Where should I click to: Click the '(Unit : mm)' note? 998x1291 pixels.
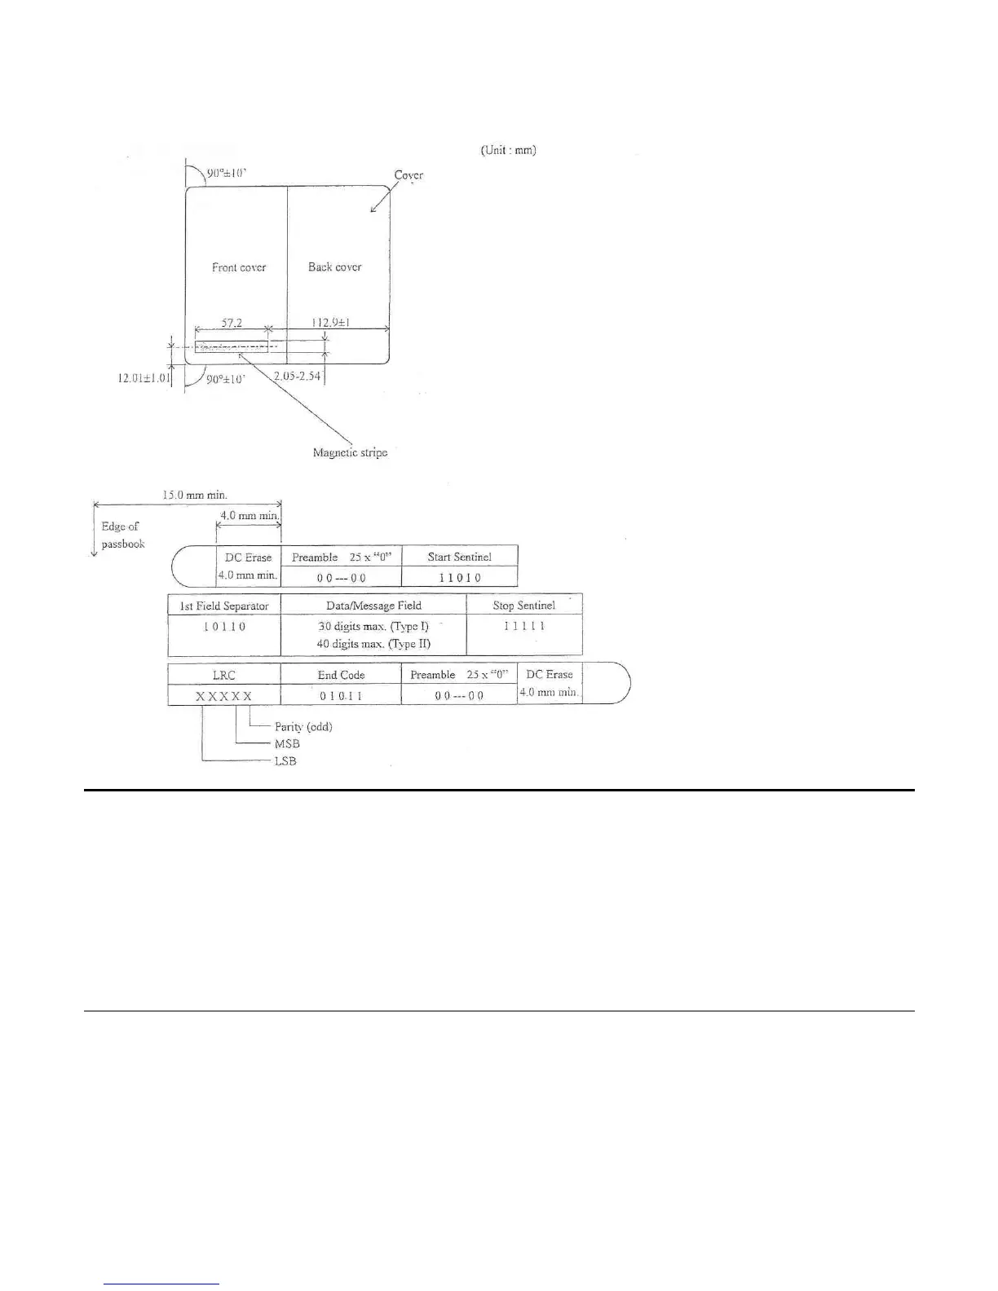point(508,150)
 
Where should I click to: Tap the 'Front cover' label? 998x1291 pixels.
point(239,267)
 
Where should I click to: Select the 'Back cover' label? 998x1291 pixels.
point(334,267)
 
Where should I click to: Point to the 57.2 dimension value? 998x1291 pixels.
point(232,323)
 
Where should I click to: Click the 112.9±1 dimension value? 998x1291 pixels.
point(331,323)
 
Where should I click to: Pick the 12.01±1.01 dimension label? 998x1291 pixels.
point(144,378)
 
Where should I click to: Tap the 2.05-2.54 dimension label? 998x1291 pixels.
point(298,376)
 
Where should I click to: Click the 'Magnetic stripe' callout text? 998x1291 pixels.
point(350,452)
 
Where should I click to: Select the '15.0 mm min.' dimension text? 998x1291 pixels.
point(195,495)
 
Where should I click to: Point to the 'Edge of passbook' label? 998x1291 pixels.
point(122,535)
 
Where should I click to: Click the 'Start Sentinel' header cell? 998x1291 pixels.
point(459,557)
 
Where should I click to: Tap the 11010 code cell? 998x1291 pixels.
point(460,578)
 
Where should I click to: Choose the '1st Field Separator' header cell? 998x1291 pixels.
point(224,606)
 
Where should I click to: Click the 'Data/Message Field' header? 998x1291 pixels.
point(373,606)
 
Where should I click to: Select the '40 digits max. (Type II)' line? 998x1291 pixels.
point(373,644)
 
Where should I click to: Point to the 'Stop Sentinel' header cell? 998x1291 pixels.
point(523,606)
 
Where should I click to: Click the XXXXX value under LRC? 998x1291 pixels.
point(223,696)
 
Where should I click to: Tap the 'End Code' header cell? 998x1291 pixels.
point(341,675)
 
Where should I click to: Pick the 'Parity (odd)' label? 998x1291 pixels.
point(303,726)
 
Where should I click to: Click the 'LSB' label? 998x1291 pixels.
point(285,761)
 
